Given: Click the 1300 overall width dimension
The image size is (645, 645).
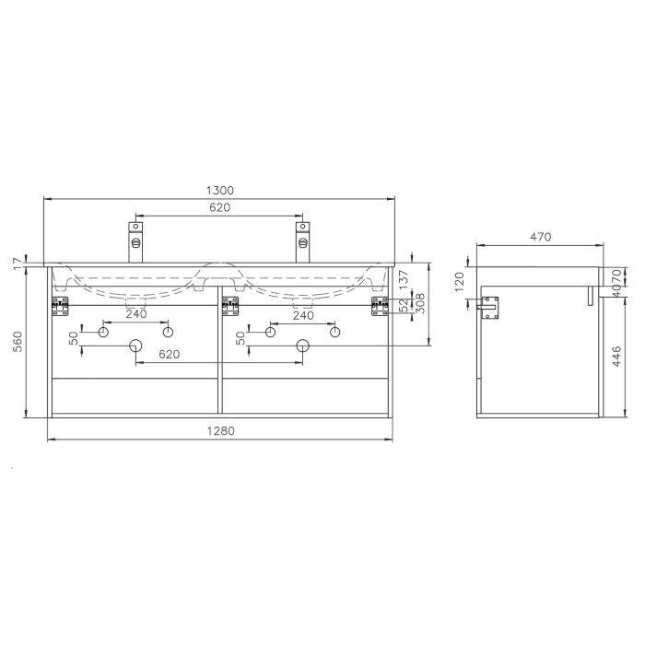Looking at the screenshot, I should tap(219, 190).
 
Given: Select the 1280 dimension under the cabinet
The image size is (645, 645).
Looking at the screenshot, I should tap(219, 430).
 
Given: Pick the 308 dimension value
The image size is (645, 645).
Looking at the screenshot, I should tap(419, 303).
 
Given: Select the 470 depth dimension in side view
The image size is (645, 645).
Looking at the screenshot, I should tap(540, 237).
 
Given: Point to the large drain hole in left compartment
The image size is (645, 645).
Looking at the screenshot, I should tap(135, 346).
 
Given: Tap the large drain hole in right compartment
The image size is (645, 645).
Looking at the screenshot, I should tap(301, 346).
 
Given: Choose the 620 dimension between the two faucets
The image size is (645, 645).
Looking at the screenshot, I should tap(219, 207).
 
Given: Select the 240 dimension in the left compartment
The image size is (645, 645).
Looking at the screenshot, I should tap(135, 314).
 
